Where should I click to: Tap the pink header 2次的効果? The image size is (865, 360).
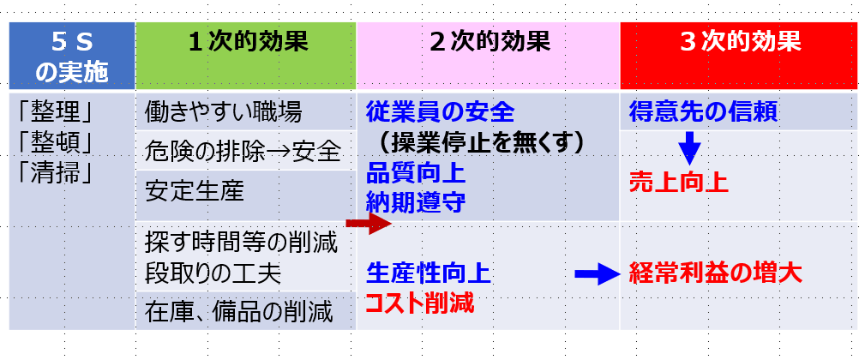(488, 43)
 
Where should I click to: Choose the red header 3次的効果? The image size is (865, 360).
(739, 43)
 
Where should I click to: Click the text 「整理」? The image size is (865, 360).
(55, 111)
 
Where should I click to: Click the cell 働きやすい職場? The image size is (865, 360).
(223, 111)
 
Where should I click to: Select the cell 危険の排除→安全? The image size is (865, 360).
(243, 152)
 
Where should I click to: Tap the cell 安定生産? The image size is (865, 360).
(195, 190)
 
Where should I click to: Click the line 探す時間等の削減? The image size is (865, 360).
(242, 242)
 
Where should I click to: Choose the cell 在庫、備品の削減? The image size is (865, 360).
(238, 311)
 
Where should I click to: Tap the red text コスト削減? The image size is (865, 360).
(419, 303)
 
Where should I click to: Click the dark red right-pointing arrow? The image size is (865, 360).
(367, 225)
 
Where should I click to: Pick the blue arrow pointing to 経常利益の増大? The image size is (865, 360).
(596, 273)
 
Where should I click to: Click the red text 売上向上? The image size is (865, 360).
(678, 183)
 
